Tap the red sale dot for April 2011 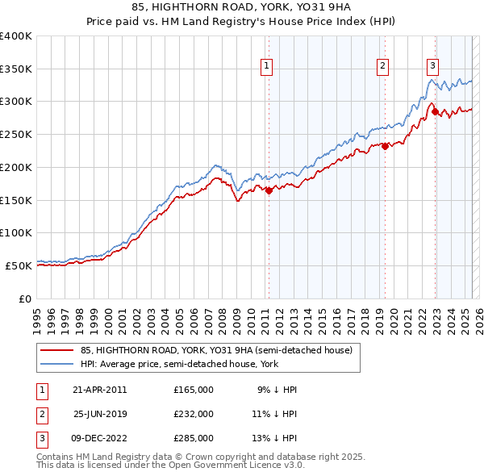pyautogui.click(x=269, y=191)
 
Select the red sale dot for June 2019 pyautogui.click(x=386, y=147)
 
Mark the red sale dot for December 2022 pyautogui.click(x=435, y=112)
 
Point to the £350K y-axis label pyautogui.click(x=16, y=69)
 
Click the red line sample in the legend pyautogui.click(x=56, y=351)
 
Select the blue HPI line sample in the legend pyautogui.click(x=56, y=364)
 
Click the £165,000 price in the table pyautogui.click(x=194, y=390)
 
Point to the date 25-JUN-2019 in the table pyautogui.click(x=100, y=414)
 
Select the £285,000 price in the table pyautogui.click(x=194, y=438)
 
